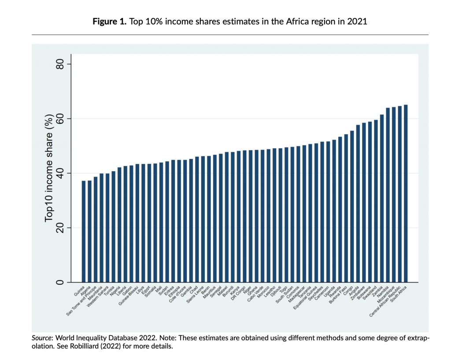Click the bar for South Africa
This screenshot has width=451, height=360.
click(406, 194)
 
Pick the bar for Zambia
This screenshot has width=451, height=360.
click(382, 198)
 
